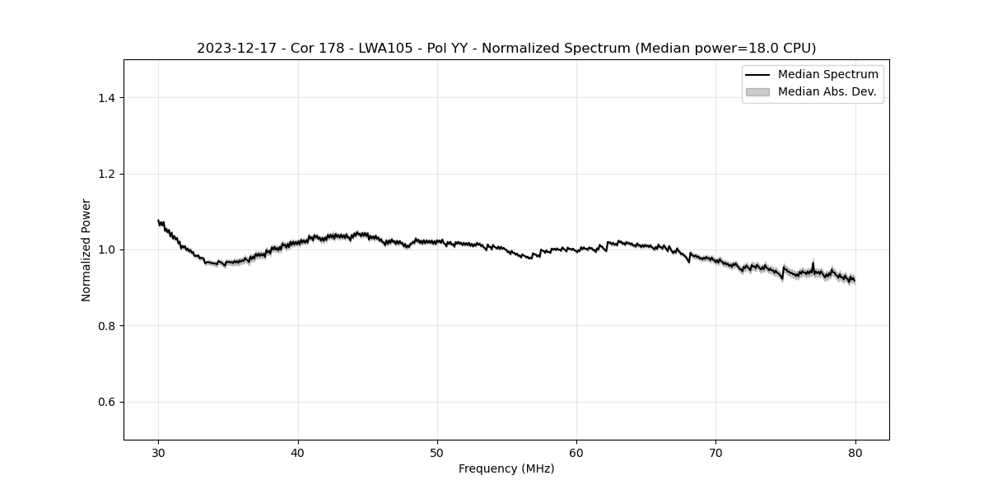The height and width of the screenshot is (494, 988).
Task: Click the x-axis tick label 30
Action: point(159,452)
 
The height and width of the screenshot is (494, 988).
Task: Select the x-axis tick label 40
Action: point(298,452)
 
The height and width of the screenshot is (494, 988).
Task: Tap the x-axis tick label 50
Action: point(437,452)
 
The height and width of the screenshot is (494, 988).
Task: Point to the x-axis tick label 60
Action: point(576,452)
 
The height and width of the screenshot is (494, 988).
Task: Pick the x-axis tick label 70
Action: point(716,452)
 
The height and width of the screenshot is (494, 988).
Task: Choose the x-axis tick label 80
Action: point(855,452)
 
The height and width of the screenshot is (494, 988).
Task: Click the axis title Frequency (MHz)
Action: point(506,468)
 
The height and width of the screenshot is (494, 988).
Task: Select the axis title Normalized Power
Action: point(86,249)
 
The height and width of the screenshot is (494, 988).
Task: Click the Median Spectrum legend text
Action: point(827,75)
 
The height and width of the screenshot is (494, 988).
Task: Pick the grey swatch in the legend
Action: point(757,91)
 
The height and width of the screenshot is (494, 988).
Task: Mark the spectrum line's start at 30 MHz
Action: point(159,221)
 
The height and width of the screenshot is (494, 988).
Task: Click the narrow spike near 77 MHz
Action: point(813,263)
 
